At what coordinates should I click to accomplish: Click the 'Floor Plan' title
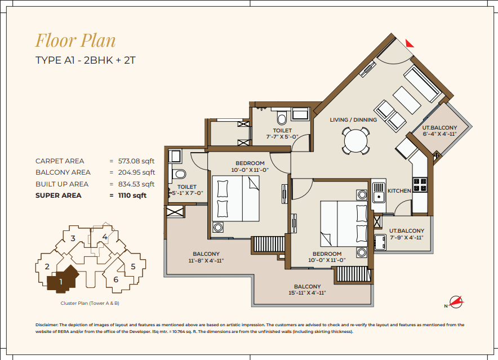click(x=75, y=41)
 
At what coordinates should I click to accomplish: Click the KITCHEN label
click(x=399, y=190)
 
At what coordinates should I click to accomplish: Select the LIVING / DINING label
click(x=353, y=120)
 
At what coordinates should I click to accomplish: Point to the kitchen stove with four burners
click(x=420, y=185)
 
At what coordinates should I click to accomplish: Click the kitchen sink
click(x=379, y=193)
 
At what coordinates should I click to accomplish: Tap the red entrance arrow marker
click(x=410, y=43)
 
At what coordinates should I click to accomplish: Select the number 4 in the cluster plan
click(x=104, y=237)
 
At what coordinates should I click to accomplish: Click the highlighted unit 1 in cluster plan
click(x=63, y=279)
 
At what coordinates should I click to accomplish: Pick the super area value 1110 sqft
click(x=132, y=195)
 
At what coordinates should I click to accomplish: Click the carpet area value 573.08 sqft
click(x=136, y=161)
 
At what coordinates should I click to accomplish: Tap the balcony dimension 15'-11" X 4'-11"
click(x=307, y=292)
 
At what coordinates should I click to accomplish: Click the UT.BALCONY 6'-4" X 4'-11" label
click(x=439, y=131)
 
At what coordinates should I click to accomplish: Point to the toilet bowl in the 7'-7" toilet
click(x=282, y=118)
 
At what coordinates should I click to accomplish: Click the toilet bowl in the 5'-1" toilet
click(x=179, y=174)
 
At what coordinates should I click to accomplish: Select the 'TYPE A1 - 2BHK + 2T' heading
click(x=86, y=60)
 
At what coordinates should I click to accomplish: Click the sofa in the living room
click(x=422, y=84)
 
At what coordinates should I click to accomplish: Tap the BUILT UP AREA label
click(x=62, y=184)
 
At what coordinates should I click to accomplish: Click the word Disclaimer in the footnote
click(x=46, y=325)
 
